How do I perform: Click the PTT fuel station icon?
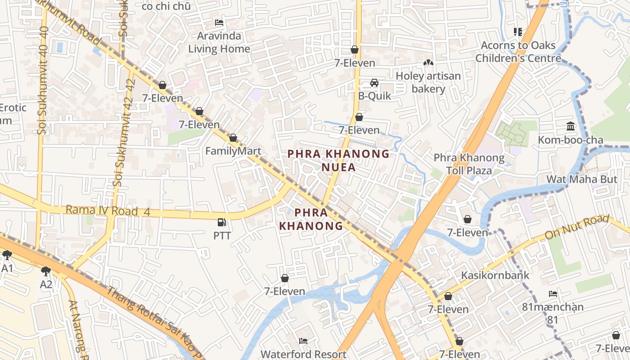[x=221, y=222]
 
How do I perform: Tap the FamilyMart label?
[x=233, y=151]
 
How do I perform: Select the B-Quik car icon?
[x=374, y=83]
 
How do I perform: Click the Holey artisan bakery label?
[x=428, y=82]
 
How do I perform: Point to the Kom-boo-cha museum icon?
[x=571, y=126]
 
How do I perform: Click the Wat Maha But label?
[x=581, y=179]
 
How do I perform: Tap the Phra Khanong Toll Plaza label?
[x=469, y=164]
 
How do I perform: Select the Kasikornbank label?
[x=495, y=275]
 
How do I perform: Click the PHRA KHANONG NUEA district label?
[x=338, y=161]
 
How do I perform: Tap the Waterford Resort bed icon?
[x=303, y=341]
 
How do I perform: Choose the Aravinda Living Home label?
[x=219, y=42]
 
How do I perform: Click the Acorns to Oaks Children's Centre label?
[x=518, y=52]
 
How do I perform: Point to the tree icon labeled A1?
[x=7, y=255]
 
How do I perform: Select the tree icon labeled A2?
[x=45, y=271]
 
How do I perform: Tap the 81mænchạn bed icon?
[x=553, y=294]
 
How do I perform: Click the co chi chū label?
[x=166, y=6]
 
